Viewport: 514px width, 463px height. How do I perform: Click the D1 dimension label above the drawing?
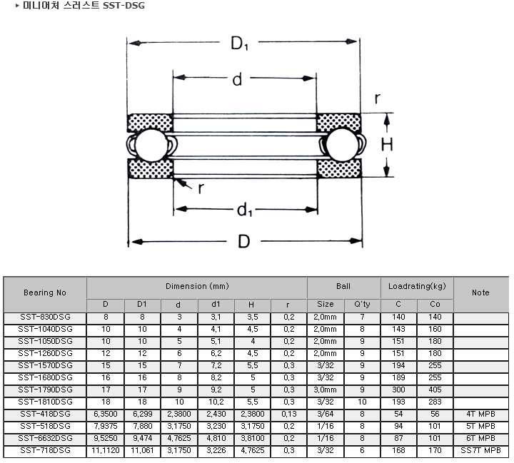239,44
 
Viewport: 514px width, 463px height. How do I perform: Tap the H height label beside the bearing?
387,145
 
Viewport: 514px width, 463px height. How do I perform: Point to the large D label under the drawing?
244,242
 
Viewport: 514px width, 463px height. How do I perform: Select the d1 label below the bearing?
245,210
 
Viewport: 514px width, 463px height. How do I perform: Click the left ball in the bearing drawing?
151,145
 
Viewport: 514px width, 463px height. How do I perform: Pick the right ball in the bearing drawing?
343,145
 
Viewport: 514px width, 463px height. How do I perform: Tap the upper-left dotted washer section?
150,123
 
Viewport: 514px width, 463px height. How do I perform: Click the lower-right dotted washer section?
339,168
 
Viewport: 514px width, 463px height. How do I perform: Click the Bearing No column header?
45,292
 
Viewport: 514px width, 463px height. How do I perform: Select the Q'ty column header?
362,305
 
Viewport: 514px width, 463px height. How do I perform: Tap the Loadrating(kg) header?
417,286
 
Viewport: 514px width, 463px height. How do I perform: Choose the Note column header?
480,292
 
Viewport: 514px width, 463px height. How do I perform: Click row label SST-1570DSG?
45,366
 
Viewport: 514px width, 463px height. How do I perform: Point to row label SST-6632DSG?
45,439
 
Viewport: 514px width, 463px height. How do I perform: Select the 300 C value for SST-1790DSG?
398,390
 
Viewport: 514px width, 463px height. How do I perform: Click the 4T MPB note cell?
480,414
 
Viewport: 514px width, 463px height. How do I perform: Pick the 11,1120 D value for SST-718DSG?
105,451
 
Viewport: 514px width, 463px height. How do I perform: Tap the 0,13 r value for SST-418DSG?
289,414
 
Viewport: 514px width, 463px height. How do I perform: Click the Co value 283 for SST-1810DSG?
435,402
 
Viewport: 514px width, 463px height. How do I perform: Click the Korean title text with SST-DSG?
84,6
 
